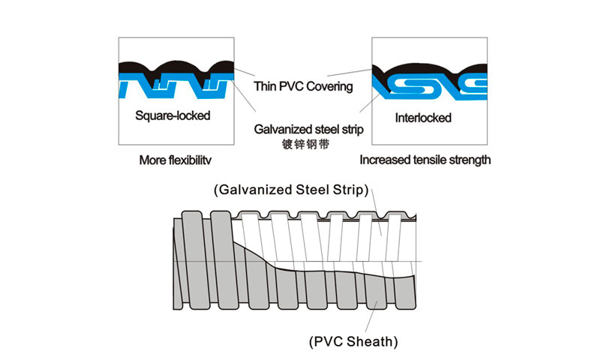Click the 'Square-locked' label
pos(173,116)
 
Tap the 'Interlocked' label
pos(422,118)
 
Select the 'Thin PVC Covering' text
pos(302,86)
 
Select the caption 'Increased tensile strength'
pos(425,160)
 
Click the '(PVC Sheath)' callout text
pos(353,342)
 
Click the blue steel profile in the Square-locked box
pos(135,84)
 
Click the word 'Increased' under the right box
pos(384,160)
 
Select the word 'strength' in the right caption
pos(469,160)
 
